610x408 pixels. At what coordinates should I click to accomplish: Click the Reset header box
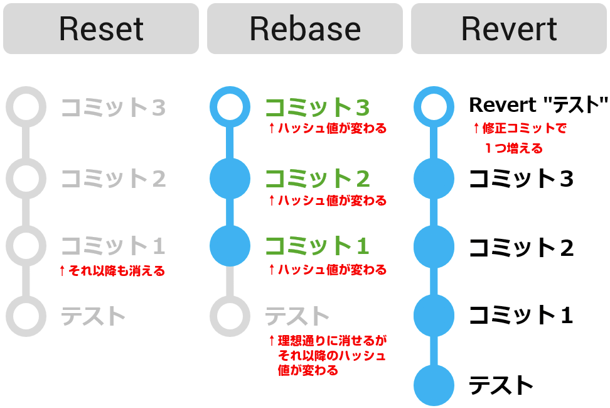[101, 29]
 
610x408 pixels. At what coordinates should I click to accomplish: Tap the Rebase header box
[305, 29]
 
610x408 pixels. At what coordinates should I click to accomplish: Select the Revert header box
[509, 29]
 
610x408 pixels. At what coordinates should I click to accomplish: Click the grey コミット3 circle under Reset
[26, 108]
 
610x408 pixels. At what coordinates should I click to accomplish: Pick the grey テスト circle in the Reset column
[26, 316]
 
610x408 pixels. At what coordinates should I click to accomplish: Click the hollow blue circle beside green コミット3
[230, 108]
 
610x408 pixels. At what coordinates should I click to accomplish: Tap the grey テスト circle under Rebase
[230, 316]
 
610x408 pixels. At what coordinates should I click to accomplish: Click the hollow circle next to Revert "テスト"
[434, 108]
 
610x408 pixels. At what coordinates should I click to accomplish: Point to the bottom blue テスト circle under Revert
[434, 385]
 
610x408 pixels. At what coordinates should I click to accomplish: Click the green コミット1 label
[317, 246]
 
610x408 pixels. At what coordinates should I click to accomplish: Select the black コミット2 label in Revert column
[521, 248]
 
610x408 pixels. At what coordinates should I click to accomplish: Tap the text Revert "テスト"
[538, 104]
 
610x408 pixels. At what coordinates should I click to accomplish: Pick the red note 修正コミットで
[519, 129]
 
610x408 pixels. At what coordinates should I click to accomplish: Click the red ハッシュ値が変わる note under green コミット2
[327, 201]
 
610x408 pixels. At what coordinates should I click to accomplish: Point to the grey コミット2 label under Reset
[113, 179]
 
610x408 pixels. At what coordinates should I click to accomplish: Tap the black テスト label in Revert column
[501, 385]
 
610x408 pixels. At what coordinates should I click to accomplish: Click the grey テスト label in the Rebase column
[297, 316]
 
